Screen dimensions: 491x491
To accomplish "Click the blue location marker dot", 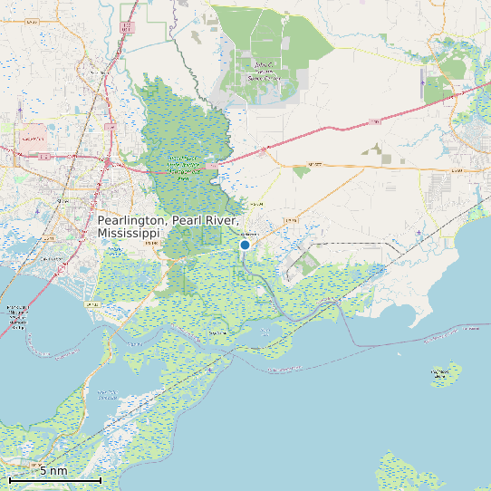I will [x=245, y=245].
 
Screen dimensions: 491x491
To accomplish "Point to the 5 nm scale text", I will [x=53, y=470].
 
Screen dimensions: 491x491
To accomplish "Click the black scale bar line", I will [x=54, y=478].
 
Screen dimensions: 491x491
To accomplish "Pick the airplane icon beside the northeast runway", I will [x=424, y=79].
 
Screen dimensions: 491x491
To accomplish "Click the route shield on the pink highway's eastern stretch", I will [x=373, y=121].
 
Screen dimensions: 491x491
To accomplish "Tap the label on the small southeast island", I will [x=441, y=372].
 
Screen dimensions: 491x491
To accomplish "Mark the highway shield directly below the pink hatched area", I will [x=43, y=157].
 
